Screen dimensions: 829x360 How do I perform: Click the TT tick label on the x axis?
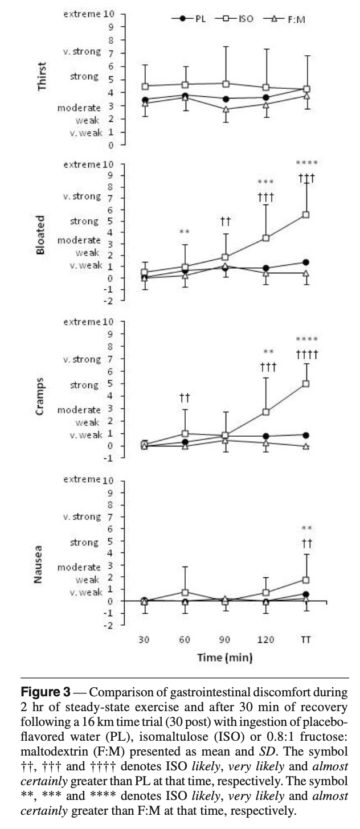pos(306,640)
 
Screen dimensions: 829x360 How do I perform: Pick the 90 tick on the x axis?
pos(225,640)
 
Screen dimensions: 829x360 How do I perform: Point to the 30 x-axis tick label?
pos(144,640)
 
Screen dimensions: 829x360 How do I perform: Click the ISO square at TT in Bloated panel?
pos(306,215)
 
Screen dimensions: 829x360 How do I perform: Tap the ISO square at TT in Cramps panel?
pos(306,384)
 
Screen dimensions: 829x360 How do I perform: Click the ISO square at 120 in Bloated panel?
pos(265,238)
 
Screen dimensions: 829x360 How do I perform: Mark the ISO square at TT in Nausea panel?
pos(306,580)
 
